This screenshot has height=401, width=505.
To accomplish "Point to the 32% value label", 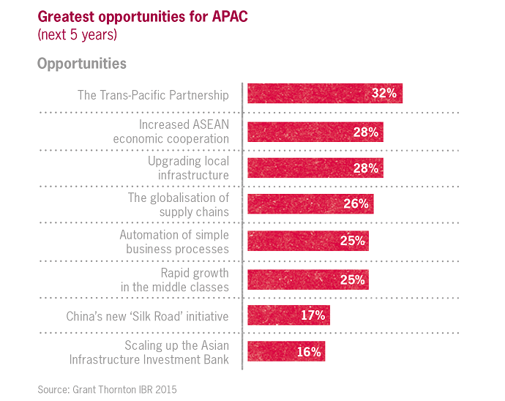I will point(384,94).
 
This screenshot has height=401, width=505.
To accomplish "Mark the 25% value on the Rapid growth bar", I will point(352,279).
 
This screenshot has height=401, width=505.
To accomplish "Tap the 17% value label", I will point(313,315).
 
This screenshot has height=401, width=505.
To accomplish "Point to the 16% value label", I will point(309,352).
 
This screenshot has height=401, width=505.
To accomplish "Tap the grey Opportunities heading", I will point(81,64).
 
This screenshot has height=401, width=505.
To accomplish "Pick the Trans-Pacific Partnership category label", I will point(153,95).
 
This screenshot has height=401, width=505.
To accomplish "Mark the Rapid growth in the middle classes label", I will point(175,279).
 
